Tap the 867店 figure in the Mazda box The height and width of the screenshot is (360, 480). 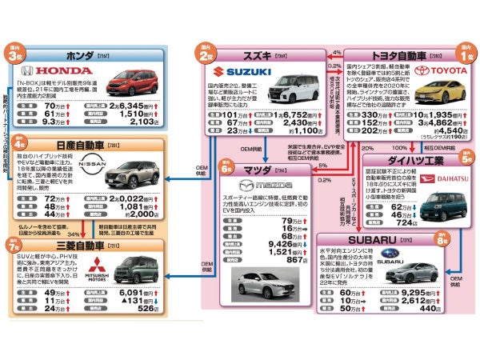(x=295, y=259)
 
